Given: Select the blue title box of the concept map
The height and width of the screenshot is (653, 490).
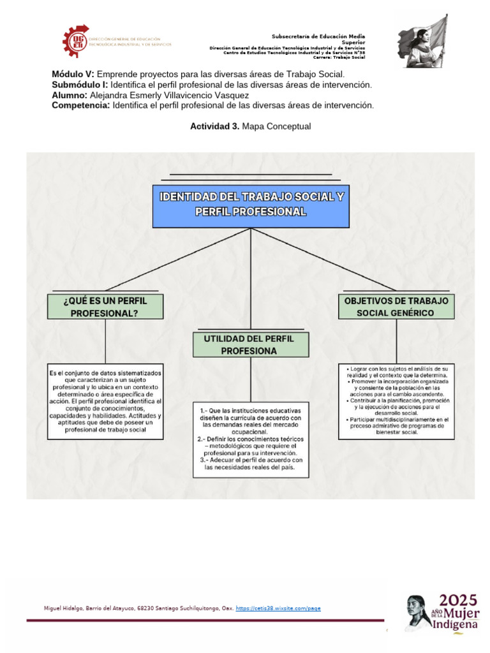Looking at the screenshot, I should (251, 205).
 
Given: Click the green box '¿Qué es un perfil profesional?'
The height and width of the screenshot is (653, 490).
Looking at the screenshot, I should (105, 307).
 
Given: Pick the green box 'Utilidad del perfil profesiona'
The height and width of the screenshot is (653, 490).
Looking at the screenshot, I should (251, 344).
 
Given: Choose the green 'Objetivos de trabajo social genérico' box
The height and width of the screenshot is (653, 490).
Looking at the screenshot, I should (396, 307).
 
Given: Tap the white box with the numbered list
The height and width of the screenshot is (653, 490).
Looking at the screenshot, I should (251, 439).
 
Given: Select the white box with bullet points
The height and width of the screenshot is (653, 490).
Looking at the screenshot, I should (396, 401).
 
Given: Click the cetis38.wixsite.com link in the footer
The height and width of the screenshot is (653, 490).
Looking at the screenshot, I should (278, 608).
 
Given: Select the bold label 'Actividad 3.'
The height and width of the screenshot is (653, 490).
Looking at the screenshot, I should (215, 126).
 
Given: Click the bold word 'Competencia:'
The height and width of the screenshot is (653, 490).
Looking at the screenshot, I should (80, 105).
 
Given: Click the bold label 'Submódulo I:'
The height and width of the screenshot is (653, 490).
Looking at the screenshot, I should (80, 85).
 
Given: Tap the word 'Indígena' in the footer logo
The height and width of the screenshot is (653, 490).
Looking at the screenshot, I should (455, 624).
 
